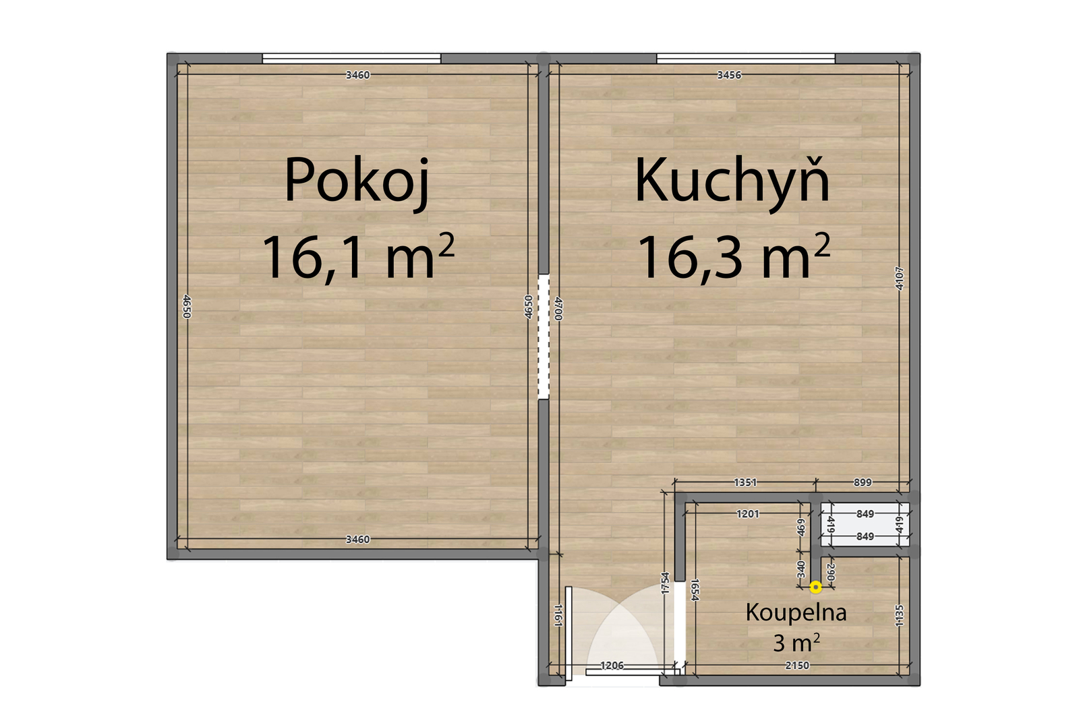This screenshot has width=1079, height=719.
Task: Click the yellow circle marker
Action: (x=815, y=587)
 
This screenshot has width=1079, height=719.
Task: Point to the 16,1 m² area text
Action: (x=358, y=256)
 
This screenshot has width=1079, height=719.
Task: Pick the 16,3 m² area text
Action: (x=734, y=256)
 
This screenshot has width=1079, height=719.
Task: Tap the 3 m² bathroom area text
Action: (x=796, y=643)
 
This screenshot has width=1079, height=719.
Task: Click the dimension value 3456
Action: (x=729, y=75)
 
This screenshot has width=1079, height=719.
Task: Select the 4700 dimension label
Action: (x=558, y=308)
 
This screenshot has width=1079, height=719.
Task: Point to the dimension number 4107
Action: (x=900, y=279)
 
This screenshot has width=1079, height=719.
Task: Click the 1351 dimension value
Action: (x=745, y=482)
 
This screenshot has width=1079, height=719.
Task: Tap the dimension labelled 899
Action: (x=863, y=482)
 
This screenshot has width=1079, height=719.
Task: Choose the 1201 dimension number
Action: (x=748, y=514)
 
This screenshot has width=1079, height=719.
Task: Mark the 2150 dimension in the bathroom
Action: (x=797, y=666)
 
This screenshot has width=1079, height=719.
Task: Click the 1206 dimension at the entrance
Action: (x=612, y=666)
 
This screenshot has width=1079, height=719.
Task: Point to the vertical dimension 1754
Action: (x=665, y=583)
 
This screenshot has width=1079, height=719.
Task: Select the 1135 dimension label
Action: (x=900, y=616)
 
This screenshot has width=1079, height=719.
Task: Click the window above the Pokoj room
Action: (x=351, y=58)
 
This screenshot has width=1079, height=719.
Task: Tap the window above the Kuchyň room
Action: (x=746, y=58)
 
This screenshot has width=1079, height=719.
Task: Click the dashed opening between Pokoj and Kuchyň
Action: (x=544, y=337)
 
